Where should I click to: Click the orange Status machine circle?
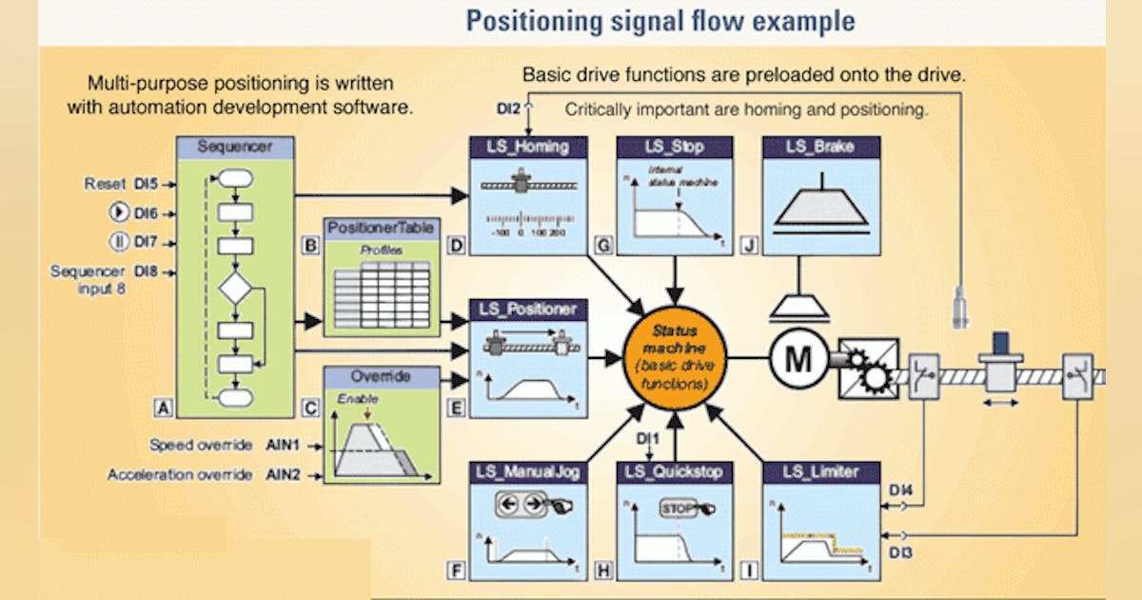tap(674, 357)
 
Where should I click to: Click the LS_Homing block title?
tap(528, 147)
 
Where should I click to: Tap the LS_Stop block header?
tap(674, 147)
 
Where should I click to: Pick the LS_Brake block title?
tap(820, 147)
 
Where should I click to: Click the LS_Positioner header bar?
tap(528, 310)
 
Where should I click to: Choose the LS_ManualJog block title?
tap(528, 471)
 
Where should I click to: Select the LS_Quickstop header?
tap(674, 471)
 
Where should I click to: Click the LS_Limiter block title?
tap(820, 471)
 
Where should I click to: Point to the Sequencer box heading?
tap(235, 147)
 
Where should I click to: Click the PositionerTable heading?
tap(382, 229)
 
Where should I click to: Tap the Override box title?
tap(382, 376)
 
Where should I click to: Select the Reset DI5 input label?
tap(120, 183)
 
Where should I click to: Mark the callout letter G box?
tap(602, 246)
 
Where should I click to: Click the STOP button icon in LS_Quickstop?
tap(678, 509)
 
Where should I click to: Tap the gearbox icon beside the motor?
tap(869, 368)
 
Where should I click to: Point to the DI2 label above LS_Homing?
tap(506, 110)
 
